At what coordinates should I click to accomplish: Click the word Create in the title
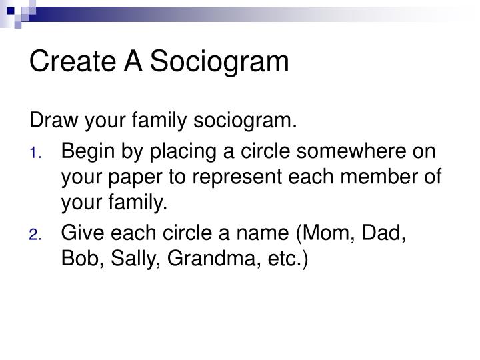point(71,62)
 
